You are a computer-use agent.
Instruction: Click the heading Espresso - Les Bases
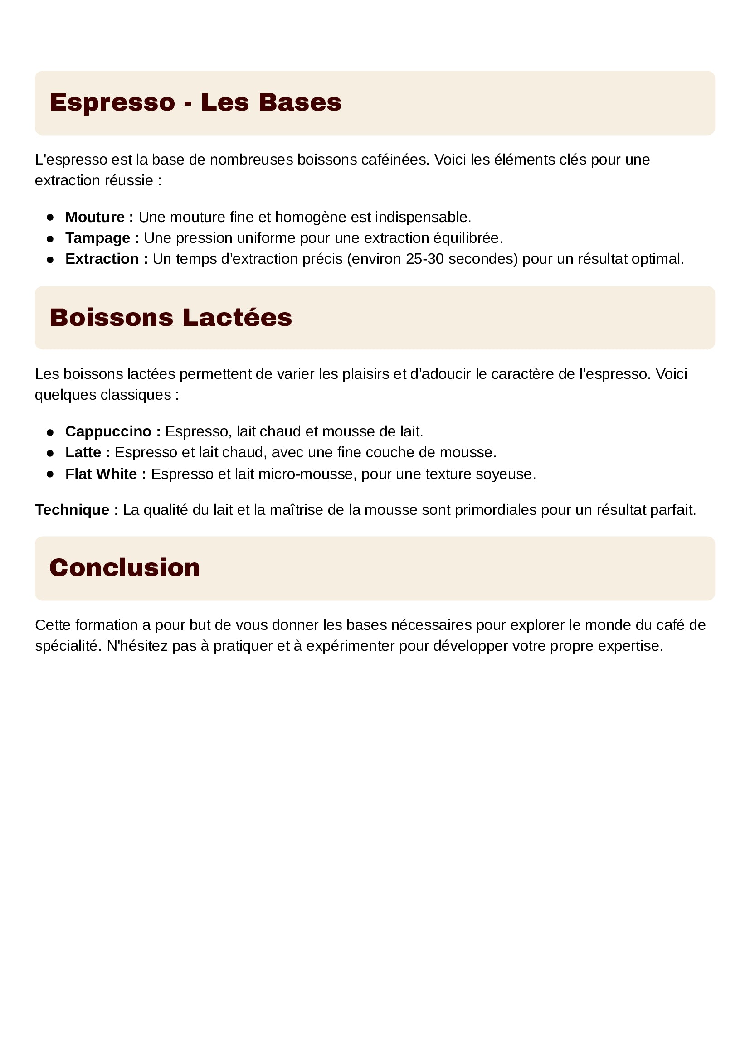point(195,102)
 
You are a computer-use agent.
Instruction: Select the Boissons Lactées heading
point(170,318)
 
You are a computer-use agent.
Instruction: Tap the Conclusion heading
point(125,567)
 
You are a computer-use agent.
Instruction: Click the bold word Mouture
point(95,217)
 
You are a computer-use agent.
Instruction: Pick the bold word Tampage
point(98,238)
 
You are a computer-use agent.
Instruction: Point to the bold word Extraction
point(102,259)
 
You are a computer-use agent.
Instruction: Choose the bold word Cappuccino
point(108,432)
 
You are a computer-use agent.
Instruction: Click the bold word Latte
point(83,452)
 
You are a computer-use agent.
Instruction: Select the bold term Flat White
point(101,474)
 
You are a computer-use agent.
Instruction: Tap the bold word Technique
point(73,510)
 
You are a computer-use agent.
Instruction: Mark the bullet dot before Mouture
point(50,218)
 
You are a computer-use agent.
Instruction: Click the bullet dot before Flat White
point(50,474)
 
